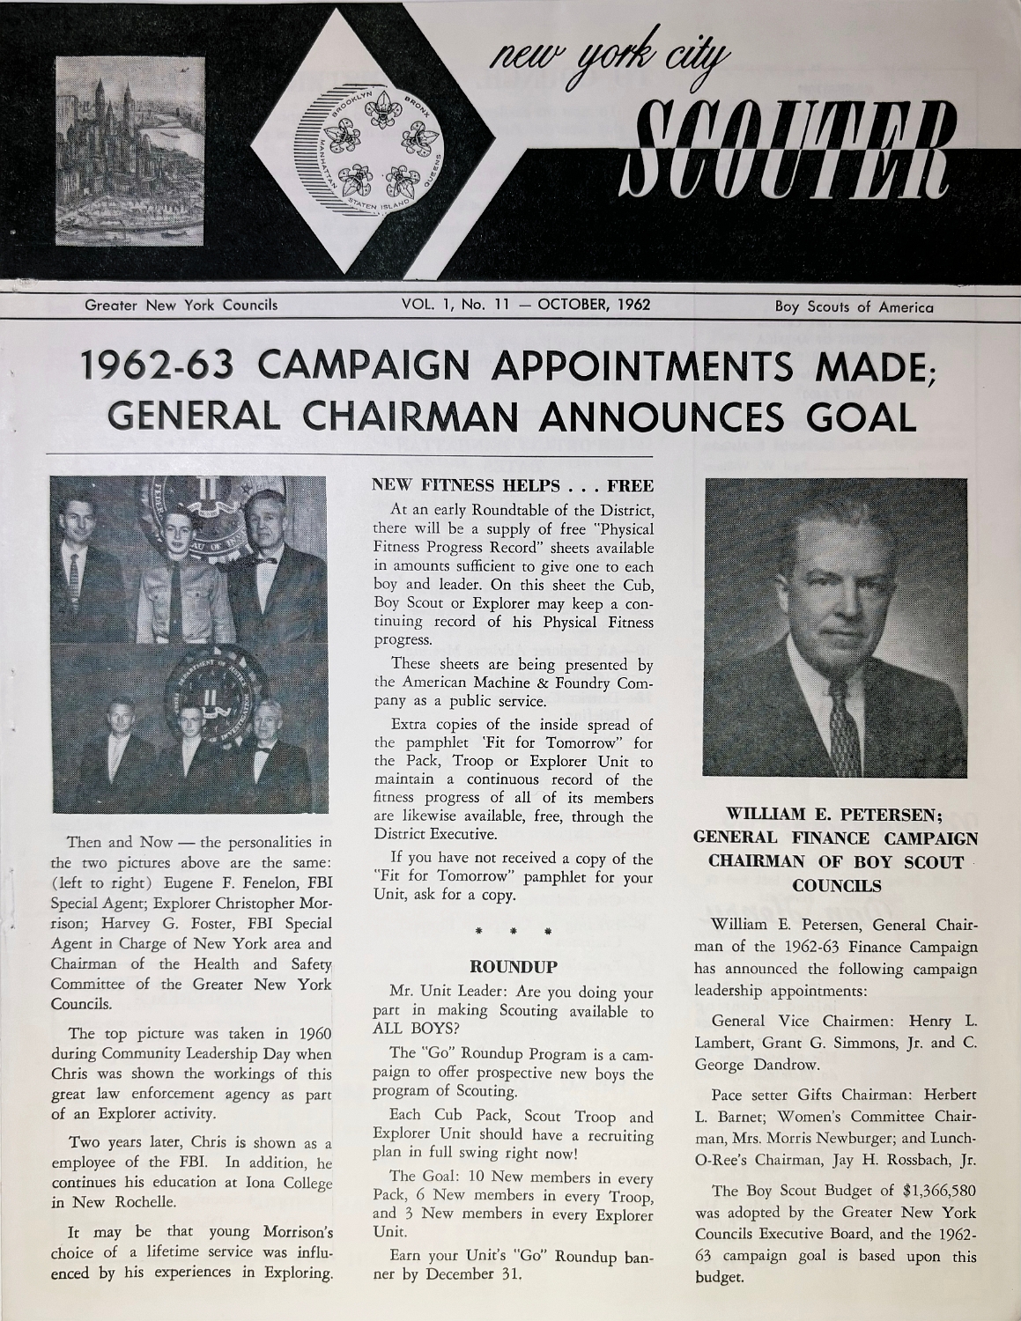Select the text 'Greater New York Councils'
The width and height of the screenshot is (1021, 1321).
[181, 306]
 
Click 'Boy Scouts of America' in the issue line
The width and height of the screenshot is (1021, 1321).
[854, 306]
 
